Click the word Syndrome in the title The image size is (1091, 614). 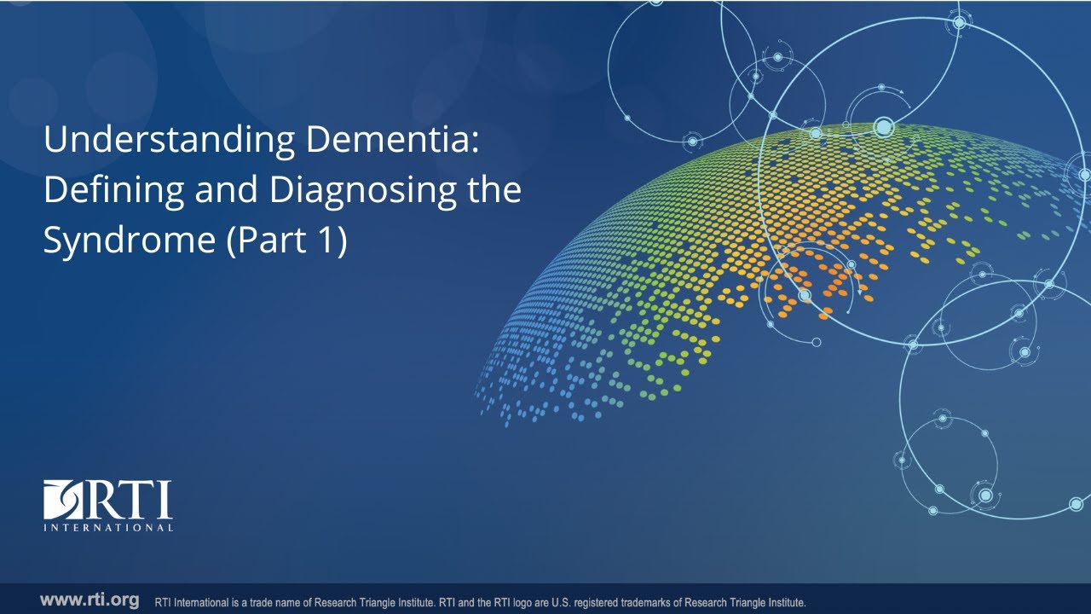coord(128,240)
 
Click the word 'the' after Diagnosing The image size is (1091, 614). coord(494,190)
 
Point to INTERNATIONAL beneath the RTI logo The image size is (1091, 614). coord(108,528)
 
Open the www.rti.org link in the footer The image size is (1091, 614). coord(89,600)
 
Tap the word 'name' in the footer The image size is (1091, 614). coord(299,601)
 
